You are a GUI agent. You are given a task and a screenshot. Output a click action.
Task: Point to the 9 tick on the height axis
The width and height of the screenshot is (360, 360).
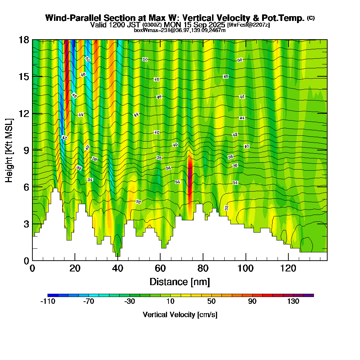click(x=32, y=150)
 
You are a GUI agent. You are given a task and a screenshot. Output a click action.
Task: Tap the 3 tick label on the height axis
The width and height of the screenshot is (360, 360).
click(x=26, y=224)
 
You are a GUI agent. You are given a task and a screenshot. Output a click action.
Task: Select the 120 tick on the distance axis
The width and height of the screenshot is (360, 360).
click(x=288, y=260)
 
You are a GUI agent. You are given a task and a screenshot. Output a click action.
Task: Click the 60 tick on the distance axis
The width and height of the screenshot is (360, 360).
click(x=160, y=260)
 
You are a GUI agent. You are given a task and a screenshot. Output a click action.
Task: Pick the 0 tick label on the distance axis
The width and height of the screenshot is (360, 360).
click(x=32, y=269)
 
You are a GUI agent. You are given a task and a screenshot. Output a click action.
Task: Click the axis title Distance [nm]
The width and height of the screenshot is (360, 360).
click(x=180, y=282)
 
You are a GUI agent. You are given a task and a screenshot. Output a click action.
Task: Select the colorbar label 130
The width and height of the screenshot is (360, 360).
click(x=293, y=302)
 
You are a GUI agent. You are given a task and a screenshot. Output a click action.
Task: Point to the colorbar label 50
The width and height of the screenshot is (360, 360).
click(x=211, y=302)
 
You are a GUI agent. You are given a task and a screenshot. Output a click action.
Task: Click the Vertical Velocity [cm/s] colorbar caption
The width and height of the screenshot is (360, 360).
click(x=180, y=315)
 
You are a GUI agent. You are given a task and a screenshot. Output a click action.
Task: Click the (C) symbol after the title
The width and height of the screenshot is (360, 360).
click(x=311, y=18)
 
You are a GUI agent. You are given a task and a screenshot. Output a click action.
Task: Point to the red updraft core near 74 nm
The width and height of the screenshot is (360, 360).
click(x=190, y=173)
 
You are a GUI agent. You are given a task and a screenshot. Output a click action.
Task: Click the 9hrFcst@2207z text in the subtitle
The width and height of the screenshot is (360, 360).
click(x=249, y=25)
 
